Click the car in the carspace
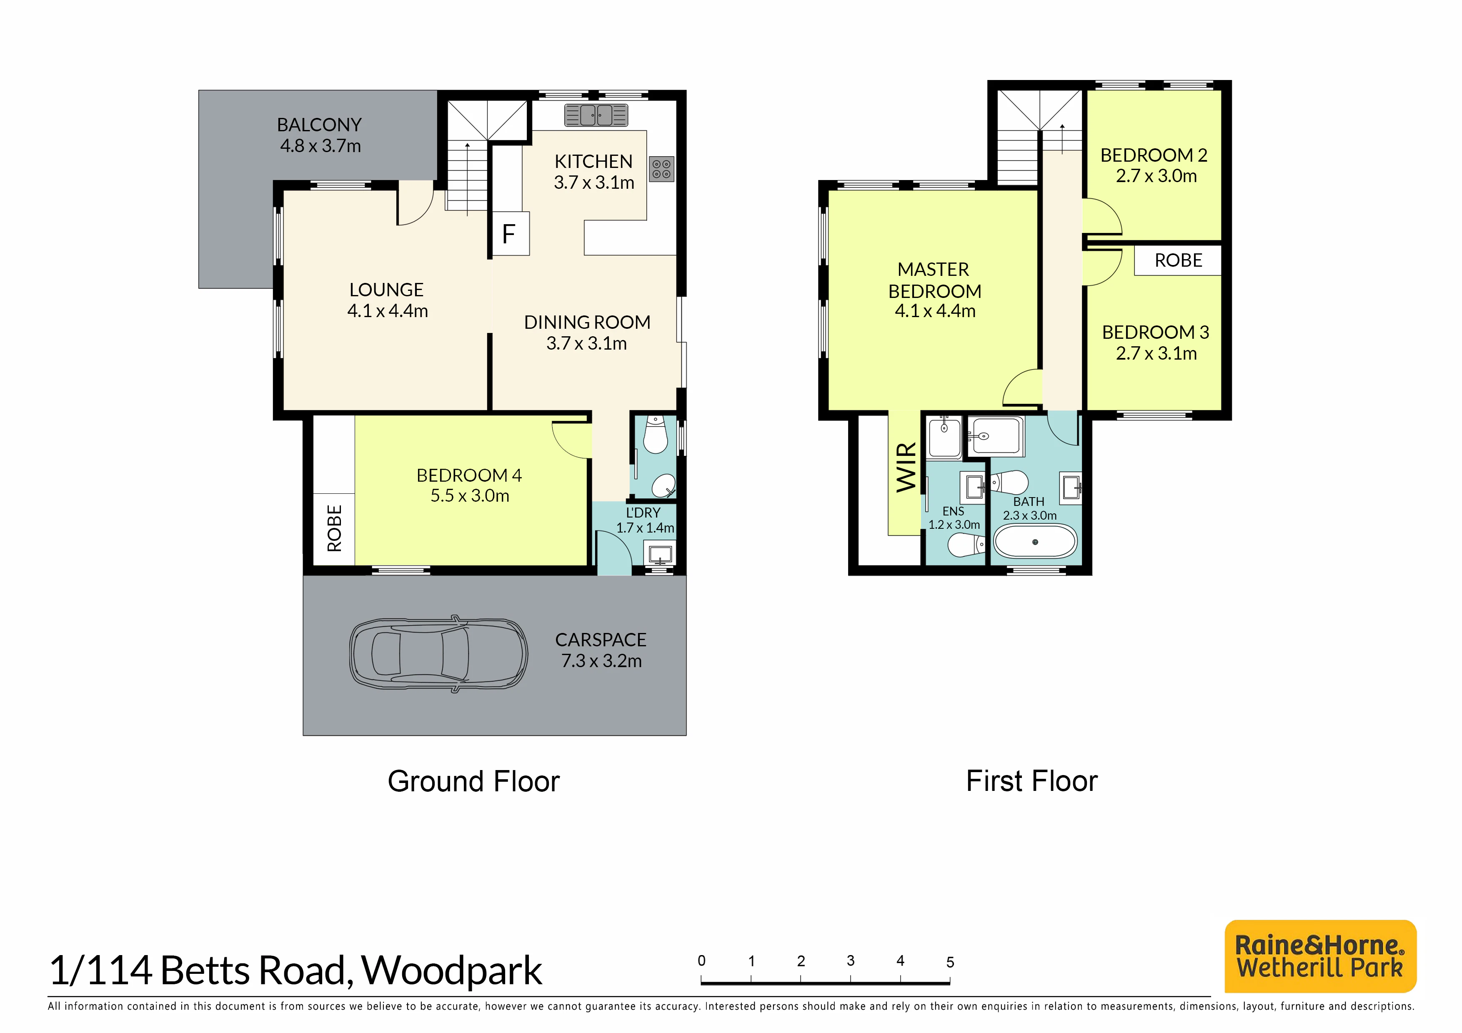tap(438, 654)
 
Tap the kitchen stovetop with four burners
tap(661, 169)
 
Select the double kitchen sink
tap(596, 115)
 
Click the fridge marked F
tap(511, 234)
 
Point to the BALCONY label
tap(319, 125)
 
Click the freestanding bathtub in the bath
tap(1035, 542)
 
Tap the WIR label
tap(906, 467)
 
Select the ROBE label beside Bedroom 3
tap(1178, 260)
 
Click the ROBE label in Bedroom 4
tap(334, 528)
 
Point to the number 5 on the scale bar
tap(950, 962)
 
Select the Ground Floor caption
tap(474, 782)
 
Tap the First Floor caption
tap(1031, 781)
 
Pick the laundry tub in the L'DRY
tap(660, 553)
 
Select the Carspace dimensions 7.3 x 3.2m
tap(601, 661)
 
